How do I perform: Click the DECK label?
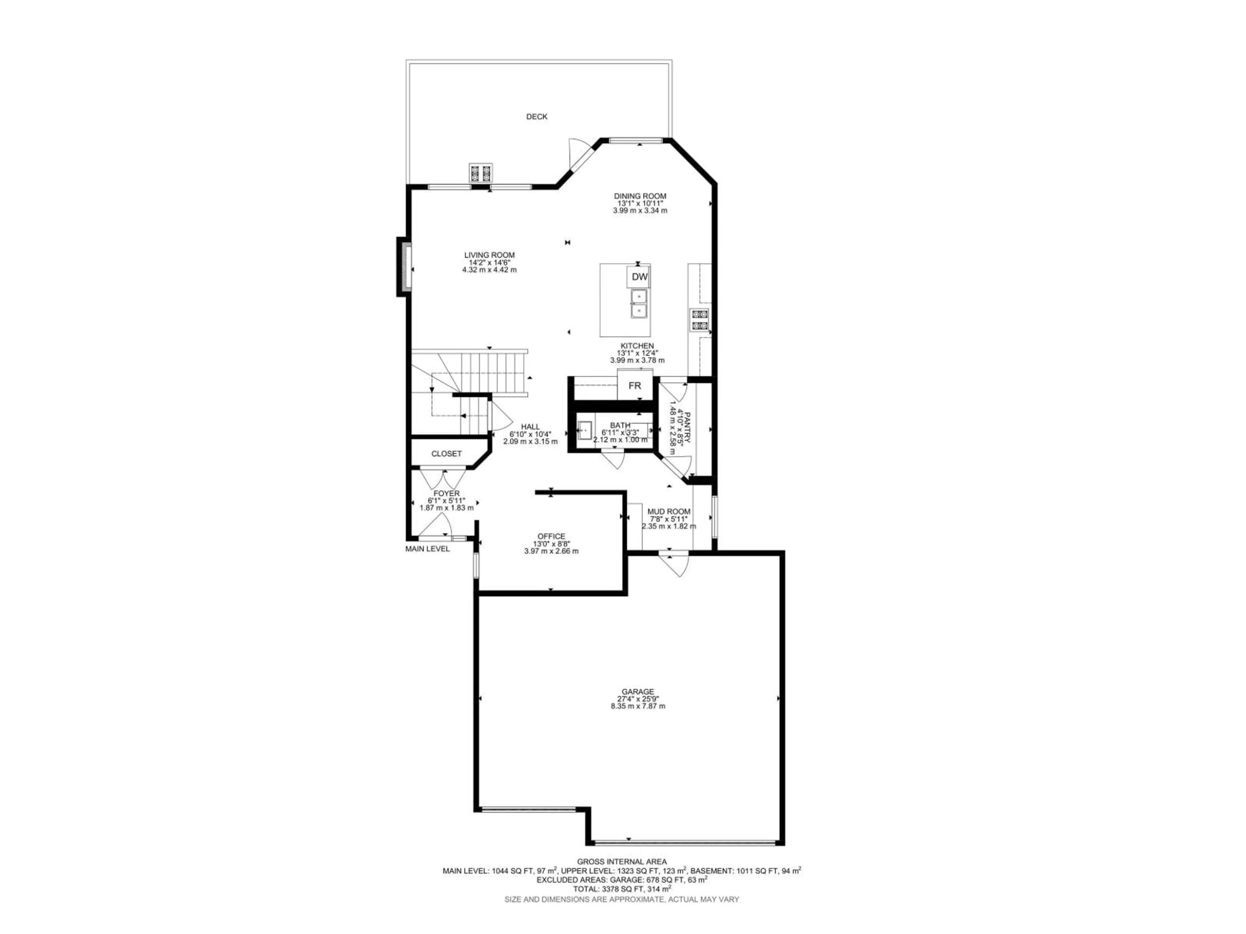(x=536, y=116)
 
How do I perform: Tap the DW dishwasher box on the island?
(x=639, y=277)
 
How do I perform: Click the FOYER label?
(x=446, y=494)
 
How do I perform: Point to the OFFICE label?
(x=551, y=536)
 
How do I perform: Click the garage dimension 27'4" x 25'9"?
(x=638, y=699)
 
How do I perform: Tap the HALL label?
(x=530, y=427)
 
